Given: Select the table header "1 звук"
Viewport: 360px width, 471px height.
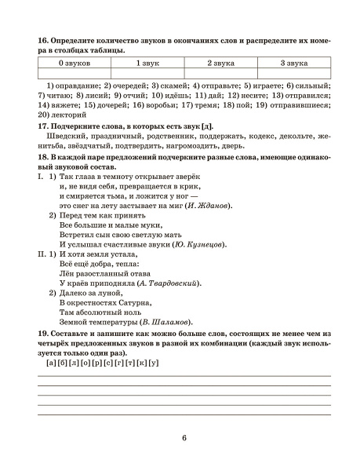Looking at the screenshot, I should pos(148,61).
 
